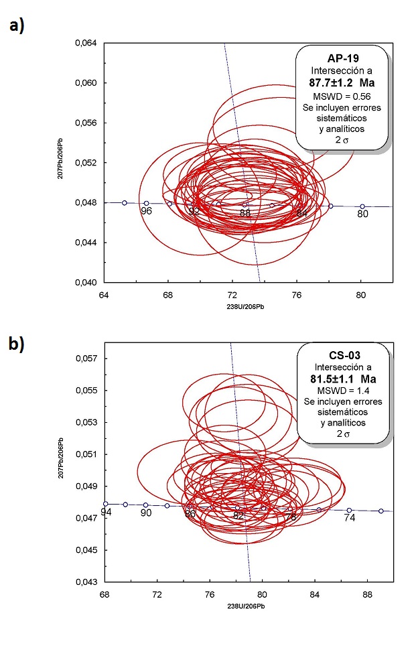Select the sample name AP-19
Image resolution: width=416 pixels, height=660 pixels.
click(x=342, y=58)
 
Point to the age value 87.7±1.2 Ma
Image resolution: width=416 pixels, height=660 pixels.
click(x=342, y=83)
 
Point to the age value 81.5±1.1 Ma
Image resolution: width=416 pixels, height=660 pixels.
click(x=342, y=379)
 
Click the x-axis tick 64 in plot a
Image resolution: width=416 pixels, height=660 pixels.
click(x=104, y=294)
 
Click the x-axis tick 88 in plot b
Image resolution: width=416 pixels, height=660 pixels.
click(x=367, y=594)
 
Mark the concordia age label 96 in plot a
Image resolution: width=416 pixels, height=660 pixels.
click(x=146, y=212)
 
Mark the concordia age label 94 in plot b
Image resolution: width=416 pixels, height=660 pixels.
click(x=106, y=513)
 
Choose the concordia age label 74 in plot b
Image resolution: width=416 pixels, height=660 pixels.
click(x=349, y=518)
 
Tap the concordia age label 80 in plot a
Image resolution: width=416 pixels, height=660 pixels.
click(x=362, y=214)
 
